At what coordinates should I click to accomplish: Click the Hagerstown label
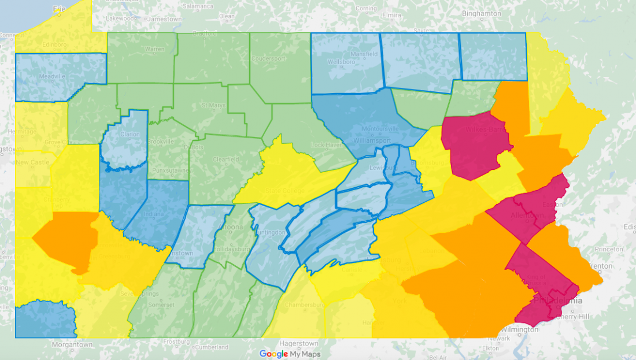point(299,343)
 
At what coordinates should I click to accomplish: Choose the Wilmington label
point(519,329)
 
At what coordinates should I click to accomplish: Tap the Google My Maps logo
point(290,354)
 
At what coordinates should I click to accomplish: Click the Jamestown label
point(165,18)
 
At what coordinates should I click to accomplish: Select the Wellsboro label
point(341,61)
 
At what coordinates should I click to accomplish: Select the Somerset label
point(161,305)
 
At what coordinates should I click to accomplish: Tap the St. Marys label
point(212,105)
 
